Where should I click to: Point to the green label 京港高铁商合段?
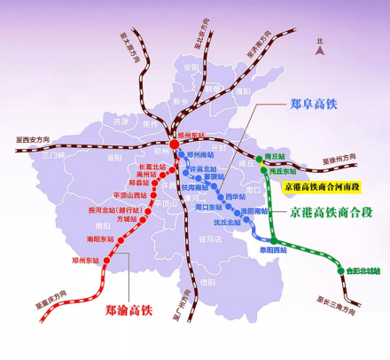pyautogui.click(x=326, y=213)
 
